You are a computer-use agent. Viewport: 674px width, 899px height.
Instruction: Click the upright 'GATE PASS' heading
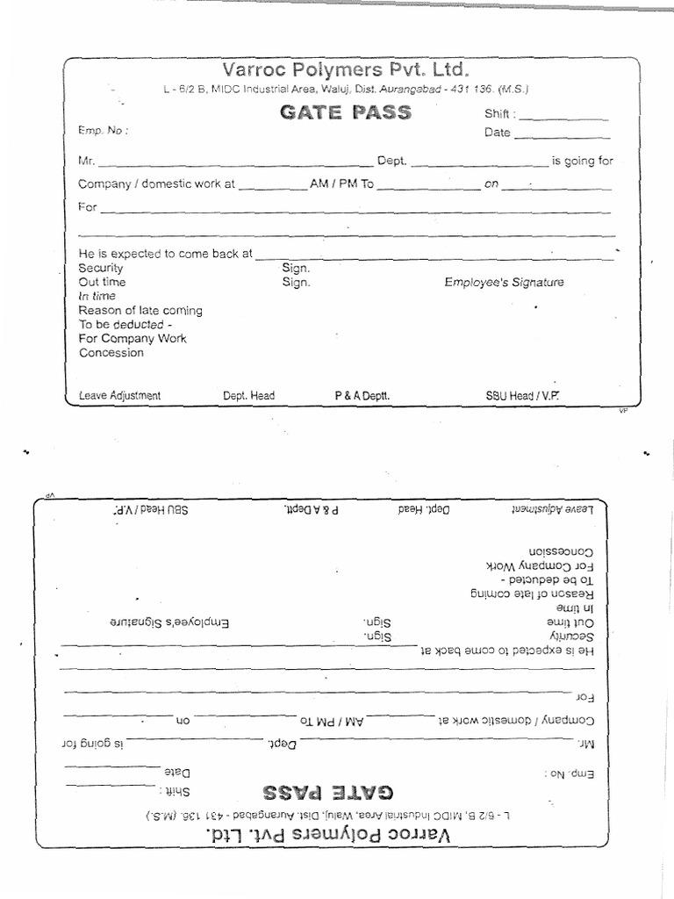(x=345, y=113)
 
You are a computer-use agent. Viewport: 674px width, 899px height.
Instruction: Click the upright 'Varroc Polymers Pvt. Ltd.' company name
(x=345, y=69)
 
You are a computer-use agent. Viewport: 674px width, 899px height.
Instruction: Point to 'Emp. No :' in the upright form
(x=104, y=131)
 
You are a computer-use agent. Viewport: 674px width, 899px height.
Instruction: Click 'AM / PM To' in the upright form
(x=342, y=185)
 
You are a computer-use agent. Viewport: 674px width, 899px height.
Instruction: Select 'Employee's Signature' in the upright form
(x=504, y=283)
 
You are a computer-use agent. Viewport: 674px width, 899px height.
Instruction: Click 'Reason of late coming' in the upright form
(x=140, y=311)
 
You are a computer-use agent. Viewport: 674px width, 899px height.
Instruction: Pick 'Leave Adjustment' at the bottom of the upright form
(x=119, y=396)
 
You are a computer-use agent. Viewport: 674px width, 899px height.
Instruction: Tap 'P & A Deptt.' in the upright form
(x=362, y=396)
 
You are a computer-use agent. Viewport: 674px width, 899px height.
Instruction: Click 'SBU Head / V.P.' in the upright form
(x=522, y=396)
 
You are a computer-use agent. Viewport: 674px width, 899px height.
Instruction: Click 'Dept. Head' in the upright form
(x=248, y=396)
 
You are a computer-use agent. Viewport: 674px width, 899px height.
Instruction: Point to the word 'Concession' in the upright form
(x=111, y=353)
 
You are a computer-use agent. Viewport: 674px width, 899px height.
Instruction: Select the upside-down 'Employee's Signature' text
(x=168, y=622)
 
